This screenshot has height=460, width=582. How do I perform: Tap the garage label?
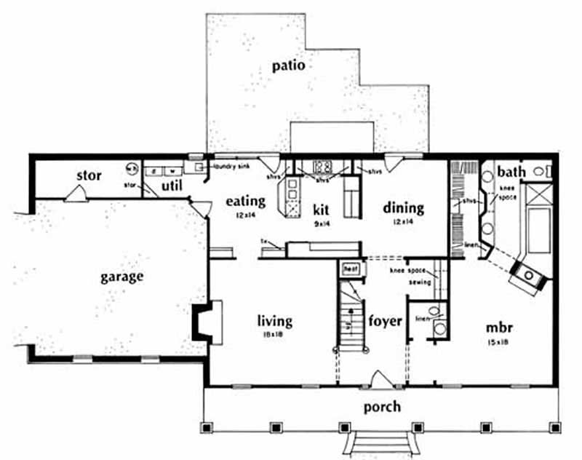click(122, 277)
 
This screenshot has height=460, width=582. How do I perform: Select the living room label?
click(275, 320)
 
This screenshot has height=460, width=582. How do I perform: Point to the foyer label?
click(385, 320)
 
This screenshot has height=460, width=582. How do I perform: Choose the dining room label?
click(404, 207)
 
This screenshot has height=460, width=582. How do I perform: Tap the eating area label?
click(244, 200)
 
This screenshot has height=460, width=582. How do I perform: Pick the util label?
click(171, 187)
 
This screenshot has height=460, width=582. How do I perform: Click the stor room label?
click(89, 176)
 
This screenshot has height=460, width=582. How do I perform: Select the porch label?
click(381, 407)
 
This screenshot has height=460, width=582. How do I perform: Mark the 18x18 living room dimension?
click(274, 335)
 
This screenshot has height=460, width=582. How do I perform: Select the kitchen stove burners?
click(322, 164)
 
